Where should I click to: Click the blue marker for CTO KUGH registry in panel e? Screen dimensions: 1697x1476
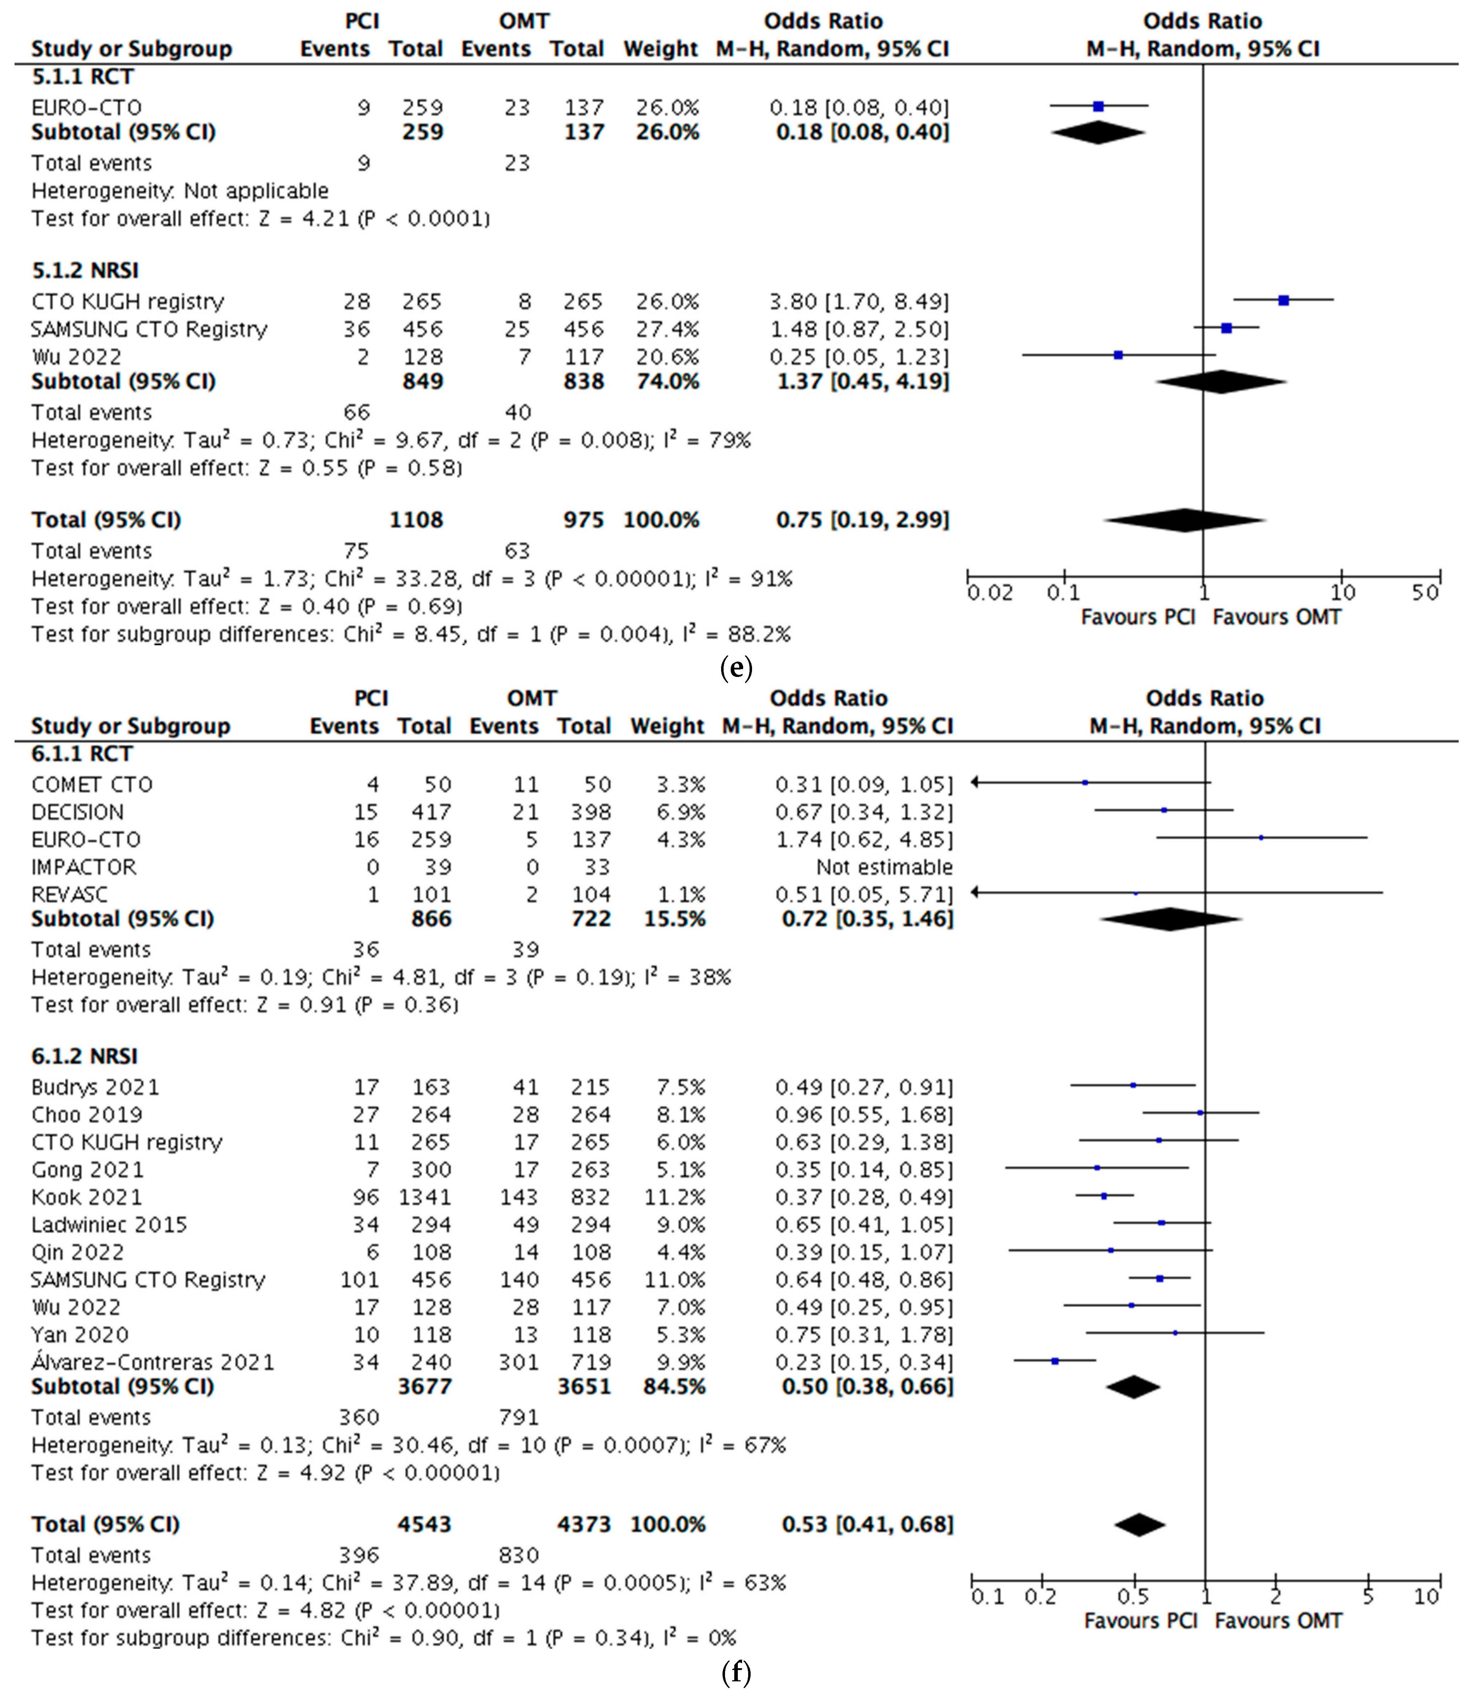tap(1283, 300)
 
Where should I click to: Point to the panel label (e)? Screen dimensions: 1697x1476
tap(736, 667)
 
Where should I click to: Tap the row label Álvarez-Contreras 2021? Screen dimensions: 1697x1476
tap(153, 1362)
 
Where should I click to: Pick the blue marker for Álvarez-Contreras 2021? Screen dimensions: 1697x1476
tap(1055, 1361)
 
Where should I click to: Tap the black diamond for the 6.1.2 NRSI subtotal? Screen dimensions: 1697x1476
tap(1133, 1387)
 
